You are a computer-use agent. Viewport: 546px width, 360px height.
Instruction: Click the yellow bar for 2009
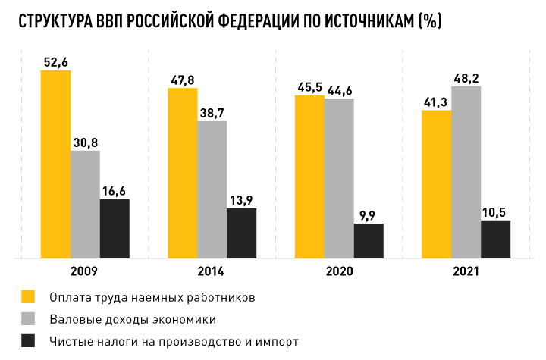[x=56, y=164]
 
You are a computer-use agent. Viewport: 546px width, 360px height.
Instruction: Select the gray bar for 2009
[x=86, y=204]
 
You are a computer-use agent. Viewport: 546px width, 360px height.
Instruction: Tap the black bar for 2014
[x=242, y=233]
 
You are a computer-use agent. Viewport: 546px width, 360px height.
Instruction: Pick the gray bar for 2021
[x=466, y=171]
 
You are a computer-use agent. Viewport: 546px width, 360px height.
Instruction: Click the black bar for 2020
[x=369, y=240]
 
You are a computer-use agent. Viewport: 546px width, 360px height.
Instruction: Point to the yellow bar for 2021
[x=436, y=183]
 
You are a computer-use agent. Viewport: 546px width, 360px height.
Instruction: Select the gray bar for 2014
[x=212, y=189]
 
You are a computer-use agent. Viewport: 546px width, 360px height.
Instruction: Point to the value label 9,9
[x=369, y=215]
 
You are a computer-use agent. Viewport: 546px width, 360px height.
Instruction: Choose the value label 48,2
[x=466, y=77]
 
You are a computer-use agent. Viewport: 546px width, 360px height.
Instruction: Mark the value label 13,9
[x=242, y=199]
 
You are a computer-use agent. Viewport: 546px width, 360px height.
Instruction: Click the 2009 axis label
[x=85, y=271]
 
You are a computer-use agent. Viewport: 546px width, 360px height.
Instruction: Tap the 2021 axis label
[x=465, y=271]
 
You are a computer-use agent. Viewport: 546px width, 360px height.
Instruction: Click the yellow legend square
[x=30, y=296]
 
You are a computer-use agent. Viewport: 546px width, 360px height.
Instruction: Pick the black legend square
[x=30, y=341]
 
